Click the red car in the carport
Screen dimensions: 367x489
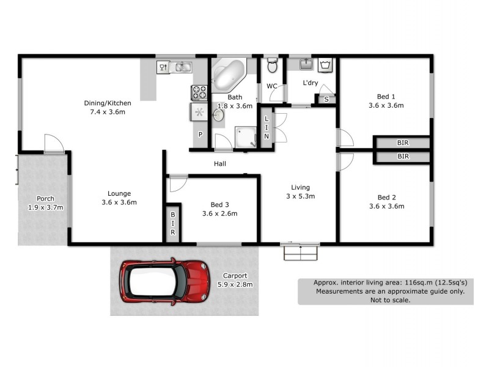164,282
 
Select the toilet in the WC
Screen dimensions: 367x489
273,65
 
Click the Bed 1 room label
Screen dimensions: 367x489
386,96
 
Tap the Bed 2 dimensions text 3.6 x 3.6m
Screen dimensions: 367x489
386,206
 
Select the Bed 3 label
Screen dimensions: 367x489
219,204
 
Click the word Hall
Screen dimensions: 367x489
220,164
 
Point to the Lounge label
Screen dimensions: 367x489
119,193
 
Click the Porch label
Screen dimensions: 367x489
45,198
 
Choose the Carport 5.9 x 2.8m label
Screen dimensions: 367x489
235,280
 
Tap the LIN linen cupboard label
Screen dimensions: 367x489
267,127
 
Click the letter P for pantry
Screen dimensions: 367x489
200,134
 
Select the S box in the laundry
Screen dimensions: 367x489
326,99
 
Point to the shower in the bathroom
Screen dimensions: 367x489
246,137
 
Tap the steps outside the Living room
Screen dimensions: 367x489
301,252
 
